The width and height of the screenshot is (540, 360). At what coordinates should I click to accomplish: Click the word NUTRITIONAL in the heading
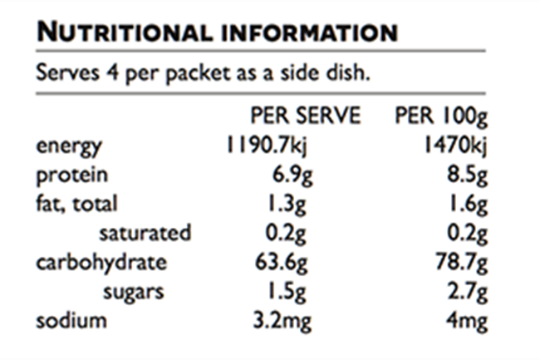(125, 32)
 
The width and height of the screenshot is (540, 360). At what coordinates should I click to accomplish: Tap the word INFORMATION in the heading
(310, 33)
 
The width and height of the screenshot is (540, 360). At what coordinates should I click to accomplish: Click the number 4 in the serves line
(112, 72)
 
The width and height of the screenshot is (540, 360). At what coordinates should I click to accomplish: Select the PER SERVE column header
(306, 115)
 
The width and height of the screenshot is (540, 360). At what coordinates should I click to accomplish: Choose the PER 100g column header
(441, 116)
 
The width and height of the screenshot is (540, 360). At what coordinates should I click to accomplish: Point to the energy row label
(69, 147)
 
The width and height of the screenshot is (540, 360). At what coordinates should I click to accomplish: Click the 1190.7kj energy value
(266, 145)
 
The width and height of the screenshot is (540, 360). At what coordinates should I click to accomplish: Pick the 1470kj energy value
(455, 145)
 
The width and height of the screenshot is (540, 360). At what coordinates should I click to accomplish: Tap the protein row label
(72, 175)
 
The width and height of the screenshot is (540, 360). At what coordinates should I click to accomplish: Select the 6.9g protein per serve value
(292, 175)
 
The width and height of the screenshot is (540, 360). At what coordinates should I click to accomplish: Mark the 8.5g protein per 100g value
(468, 175)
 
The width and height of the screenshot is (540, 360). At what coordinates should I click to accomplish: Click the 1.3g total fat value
(287, 205)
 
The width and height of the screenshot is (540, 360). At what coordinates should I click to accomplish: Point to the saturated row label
(145, 233)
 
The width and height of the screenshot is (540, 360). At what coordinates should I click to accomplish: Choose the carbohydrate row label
(101, 263)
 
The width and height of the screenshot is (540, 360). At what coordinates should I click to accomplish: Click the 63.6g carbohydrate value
(281, 263)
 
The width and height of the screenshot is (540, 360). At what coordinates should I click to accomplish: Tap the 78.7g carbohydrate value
(461, 263)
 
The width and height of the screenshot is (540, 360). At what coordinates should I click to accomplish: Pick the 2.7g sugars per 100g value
(468, 292)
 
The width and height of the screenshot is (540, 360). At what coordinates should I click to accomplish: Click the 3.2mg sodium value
(282, 322)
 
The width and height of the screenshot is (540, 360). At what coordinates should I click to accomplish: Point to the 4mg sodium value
(467, 322)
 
